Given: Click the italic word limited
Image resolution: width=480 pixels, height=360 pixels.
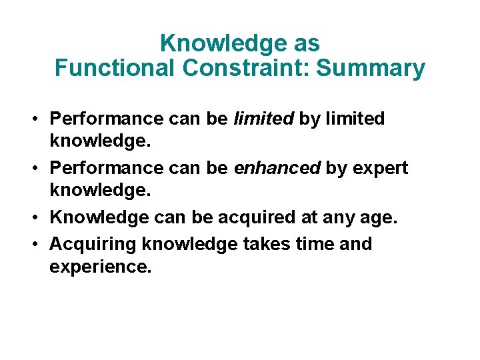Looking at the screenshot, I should (263, 119).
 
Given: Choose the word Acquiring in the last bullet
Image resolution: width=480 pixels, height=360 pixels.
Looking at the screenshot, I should (93, 245).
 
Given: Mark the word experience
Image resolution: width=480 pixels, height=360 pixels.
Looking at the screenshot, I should (100, 268).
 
